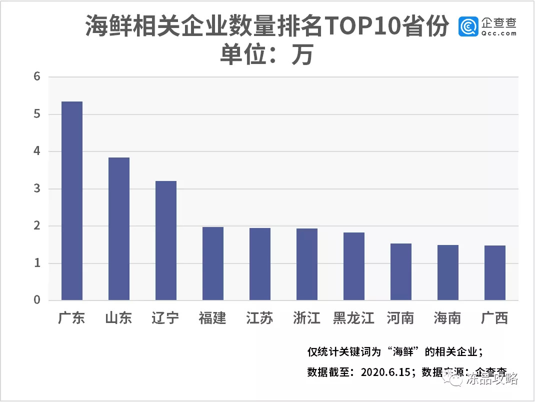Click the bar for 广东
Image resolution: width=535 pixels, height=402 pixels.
(71, 200)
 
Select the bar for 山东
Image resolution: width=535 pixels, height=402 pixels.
(118, 228)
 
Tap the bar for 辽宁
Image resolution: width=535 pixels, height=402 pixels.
(165, 240)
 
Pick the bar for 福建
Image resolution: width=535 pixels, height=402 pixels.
(212, 263)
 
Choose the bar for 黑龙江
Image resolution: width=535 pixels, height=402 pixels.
(353, 266)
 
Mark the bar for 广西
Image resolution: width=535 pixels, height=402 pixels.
(494, 272)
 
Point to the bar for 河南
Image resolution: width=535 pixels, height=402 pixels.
(400, 271)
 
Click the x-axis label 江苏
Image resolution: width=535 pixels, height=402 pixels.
(259, 318)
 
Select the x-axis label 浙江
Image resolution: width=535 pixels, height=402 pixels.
(306, 318)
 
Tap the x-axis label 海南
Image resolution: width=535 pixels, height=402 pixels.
(447, 318)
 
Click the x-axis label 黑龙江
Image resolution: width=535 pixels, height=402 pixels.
(353, 318)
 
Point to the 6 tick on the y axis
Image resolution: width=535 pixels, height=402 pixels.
(37, 77)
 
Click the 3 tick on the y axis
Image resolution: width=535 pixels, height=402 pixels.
(37, 189)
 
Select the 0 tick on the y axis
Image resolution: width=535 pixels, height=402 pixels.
(37, 300)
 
